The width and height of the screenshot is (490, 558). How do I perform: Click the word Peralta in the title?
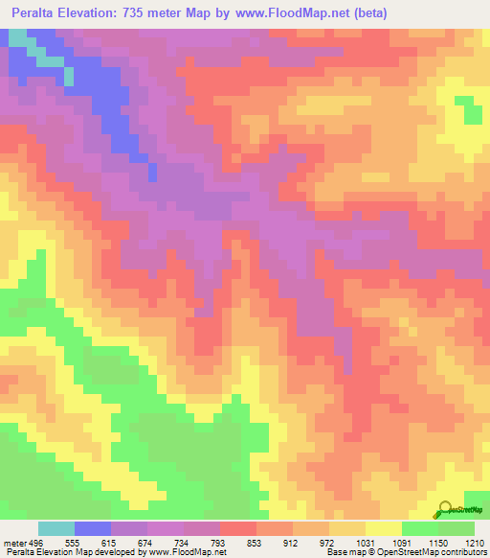point(39,13)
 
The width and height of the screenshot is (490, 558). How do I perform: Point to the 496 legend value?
point(36,542)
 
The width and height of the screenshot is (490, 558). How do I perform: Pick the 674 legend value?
point(148,542)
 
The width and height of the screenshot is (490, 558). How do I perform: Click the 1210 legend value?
point(474,542)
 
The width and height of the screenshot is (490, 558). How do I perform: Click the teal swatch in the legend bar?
point(56,528)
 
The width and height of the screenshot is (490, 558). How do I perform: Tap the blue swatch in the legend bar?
point(93,528)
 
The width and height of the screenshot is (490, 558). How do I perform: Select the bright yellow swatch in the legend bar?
point(383,528)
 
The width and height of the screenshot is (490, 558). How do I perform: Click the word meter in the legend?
point(14,542)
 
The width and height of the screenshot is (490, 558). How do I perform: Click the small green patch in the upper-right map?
point(469,109)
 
